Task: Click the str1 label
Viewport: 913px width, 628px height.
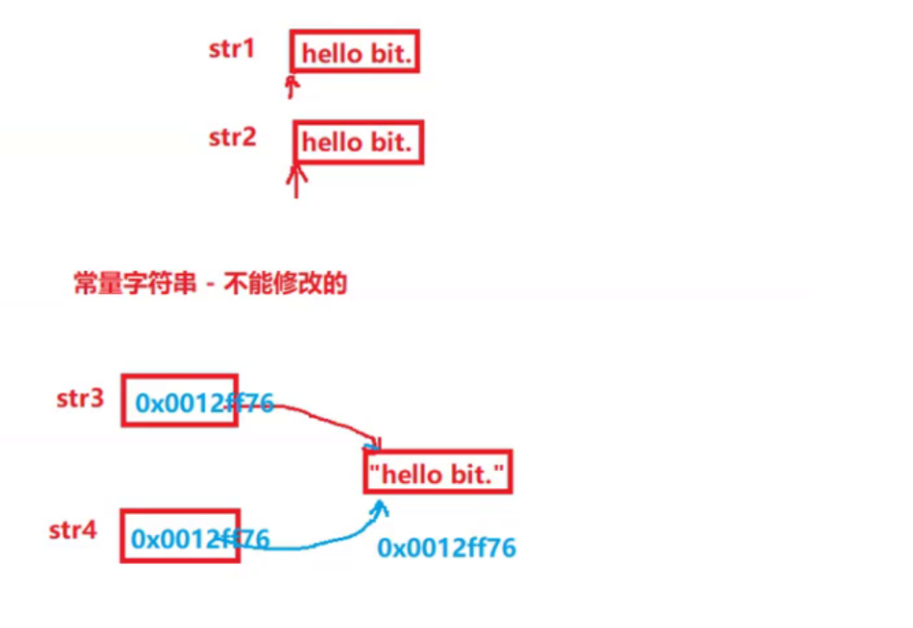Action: pos(232,48)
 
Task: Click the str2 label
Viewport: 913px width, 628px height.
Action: pos(233,138)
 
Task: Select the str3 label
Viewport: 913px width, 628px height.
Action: pos(80,398)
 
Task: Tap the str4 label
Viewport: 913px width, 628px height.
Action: pos(73,530)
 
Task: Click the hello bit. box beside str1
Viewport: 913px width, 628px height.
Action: pos(356,54)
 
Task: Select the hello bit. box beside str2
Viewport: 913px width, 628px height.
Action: pos(358,143)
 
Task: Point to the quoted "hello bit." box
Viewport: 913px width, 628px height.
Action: pos(437,474)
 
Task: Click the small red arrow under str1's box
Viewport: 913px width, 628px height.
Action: pos(291,87)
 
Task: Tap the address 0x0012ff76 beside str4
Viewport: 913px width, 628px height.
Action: pos(200,539)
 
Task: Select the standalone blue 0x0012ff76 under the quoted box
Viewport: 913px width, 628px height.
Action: pos(446,548)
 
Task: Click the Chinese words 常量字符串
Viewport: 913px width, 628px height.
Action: pos(134,284)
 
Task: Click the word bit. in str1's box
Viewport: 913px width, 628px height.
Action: pos(393,55)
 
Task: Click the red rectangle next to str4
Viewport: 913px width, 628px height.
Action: pos(180,535)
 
